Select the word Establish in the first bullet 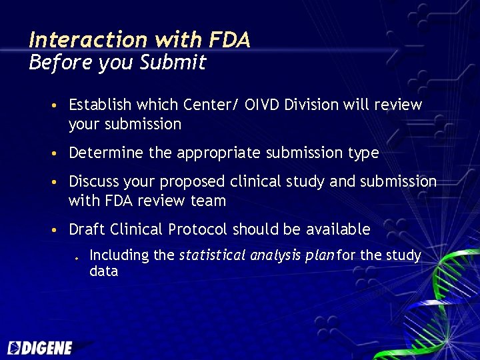click(100, 105)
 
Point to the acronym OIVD click(265, 105)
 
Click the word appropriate click(215, 153)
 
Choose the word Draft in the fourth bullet click(85, 230)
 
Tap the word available click(338, 230)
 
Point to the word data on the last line click(103, 271)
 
